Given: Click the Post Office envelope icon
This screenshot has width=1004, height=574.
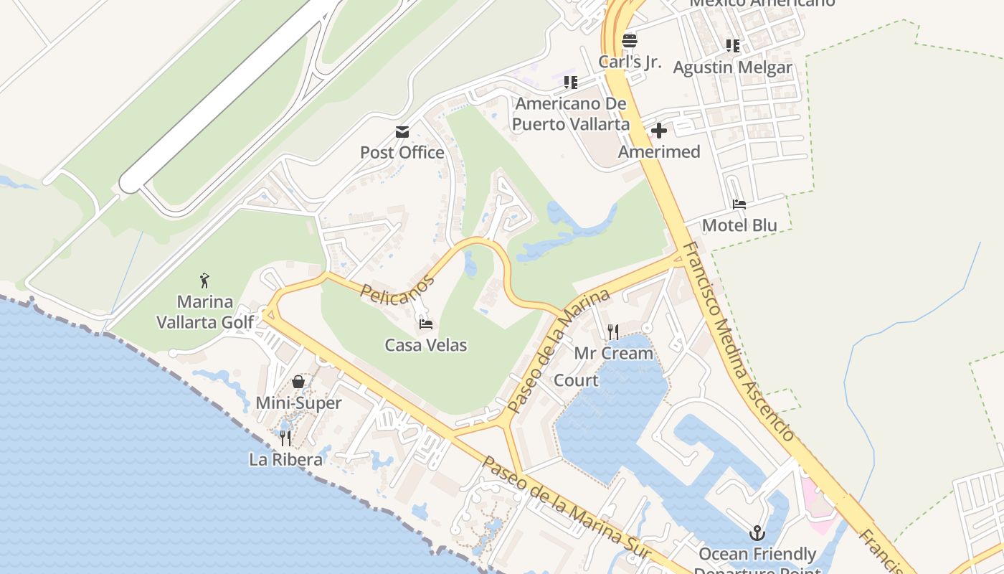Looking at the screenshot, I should tap(402, 132).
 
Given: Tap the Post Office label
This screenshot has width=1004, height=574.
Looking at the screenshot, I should tap(402, 153).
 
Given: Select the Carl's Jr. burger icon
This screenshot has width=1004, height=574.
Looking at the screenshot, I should tap(630, 41).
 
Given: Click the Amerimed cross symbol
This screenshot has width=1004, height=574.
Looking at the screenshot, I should tap(658, 131).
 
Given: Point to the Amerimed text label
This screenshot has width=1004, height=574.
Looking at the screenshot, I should tap(658, 152).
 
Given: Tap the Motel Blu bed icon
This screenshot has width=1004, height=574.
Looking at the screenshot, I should tap(739, 204).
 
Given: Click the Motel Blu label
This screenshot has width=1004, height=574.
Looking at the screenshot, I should tap(739, 225).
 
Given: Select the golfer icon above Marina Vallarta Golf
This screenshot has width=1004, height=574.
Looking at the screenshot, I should tap(205, 281).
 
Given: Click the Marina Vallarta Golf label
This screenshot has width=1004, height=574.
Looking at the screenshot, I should tap(205, 311).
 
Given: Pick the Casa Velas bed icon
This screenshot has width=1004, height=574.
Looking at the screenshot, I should tap(426, 324).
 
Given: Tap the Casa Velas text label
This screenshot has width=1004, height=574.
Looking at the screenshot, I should tap(426, 345).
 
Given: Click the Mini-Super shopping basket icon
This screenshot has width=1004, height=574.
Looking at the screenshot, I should tap(298, 382).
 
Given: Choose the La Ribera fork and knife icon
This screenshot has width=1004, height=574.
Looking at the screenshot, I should tap(285, 438).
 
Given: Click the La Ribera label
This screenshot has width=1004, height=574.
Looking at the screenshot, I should tap(285, 459).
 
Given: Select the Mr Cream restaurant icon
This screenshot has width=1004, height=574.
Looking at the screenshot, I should tap(613, 331).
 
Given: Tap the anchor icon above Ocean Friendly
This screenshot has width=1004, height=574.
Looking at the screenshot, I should tap(757, 533).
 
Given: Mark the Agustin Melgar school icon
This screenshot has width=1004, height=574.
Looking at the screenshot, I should tap(732, 46).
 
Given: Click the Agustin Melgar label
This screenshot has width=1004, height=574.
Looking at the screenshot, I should tap(732, 67).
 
